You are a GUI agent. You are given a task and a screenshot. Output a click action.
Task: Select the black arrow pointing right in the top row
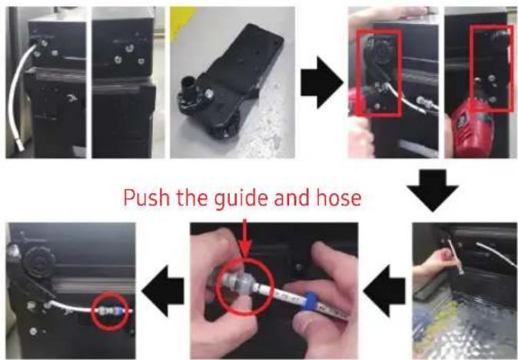[322, 82]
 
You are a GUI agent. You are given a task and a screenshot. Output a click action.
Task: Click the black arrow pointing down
[433, 190]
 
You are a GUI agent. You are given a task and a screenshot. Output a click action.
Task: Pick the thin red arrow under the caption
[245, 238]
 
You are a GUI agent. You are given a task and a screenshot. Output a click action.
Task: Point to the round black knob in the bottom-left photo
[39, 262]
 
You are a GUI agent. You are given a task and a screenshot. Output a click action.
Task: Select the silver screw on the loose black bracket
[208, 95]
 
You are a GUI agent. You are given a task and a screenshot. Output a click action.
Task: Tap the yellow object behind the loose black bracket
[181, 19]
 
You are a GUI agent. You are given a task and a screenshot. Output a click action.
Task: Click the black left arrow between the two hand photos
[385, 291]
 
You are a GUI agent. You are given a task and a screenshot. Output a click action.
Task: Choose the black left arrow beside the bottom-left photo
[163, 291]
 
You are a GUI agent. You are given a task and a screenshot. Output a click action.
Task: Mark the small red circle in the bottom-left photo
[110, 311]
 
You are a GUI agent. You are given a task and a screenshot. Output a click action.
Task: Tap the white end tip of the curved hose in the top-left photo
[20, 145]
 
